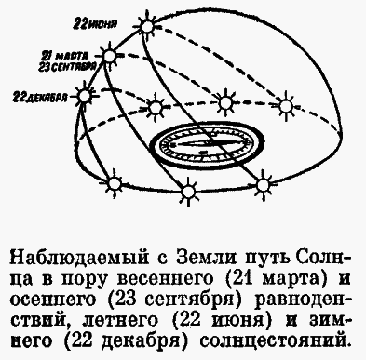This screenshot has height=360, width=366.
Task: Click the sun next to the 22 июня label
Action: coord(146,21)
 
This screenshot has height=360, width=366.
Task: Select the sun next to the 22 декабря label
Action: coord(87,94)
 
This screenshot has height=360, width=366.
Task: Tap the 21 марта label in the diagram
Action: coord(70,54)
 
